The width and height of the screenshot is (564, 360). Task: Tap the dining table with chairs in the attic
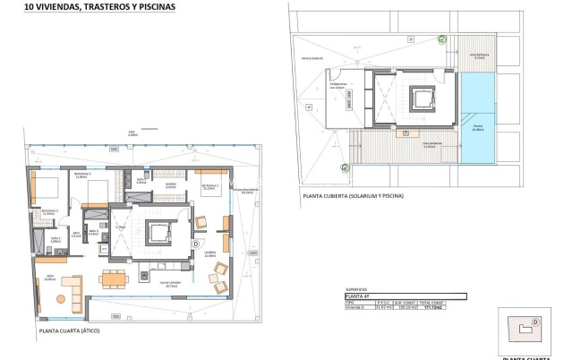tap(112, 279)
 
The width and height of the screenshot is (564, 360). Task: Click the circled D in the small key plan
tap(534, 320)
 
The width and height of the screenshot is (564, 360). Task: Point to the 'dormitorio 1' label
tap(211, 187)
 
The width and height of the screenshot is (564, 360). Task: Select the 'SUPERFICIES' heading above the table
tap(359, 289)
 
